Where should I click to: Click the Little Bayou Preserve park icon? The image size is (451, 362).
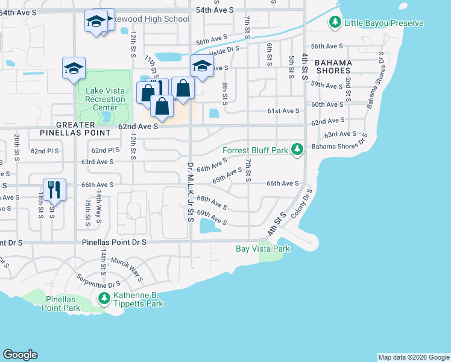coord(335,23)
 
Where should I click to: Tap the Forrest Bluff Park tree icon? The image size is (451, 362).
coord(297,149)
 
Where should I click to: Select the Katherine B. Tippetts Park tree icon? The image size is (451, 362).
coord(104,299)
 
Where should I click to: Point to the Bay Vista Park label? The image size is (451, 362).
coord(262,249)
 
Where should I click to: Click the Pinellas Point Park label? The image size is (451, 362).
coord(61,303)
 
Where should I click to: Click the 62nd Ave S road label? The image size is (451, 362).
coord(137,127)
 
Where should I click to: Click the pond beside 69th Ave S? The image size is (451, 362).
coord(209,226)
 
